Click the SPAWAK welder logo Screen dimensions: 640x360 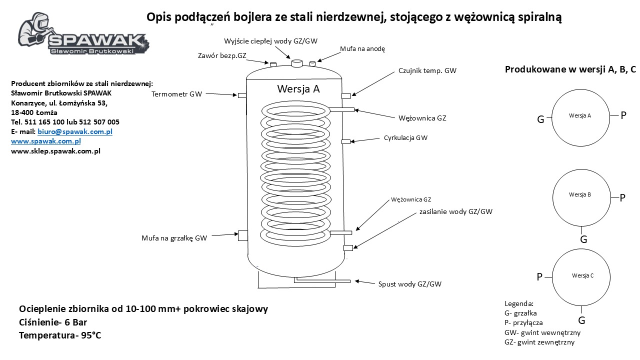pyautogui.click(x=83, y=33)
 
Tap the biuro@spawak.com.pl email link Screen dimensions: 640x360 pyautogui.click(x=75, y=131)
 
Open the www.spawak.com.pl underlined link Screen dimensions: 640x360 pyautogui.click(x=45, y=141)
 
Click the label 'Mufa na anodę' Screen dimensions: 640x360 pyautogui.click(x=362, y=49)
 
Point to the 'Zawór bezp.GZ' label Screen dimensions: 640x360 pyautogui.click(x=222, y=55)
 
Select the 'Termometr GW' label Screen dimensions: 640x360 pyautogui.click(x=176, y=94)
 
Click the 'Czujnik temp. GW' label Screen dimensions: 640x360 pyautogui.click(x=427, y=70)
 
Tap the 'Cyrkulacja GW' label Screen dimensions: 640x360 pyautogui.click(x=405, y=137)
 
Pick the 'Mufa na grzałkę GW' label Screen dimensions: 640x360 pyautogui.click(x=174, y=238)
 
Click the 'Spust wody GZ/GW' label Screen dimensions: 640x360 pyautogui.click(x=409, y=284)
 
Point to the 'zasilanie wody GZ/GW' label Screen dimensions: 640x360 pyautogui.click(x=456, y=211)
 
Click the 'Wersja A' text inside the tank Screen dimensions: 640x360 pyautogui.click(x=298, y=89)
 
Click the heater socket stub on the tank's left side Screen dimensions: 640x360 pyautogui.click(x=243, y=235)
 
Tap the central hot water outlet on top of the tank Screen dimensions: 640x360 pyautogui.click(x=297, y=63)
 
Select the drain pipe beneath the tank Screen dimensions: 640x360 pyautogui.click(x=322, y=280)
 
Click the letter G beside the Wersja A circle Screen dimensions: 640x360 pyautogui.click(x=540, y=119)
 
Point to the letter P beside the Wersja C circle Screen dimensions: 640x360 pyautogui.click(x=539, y=276)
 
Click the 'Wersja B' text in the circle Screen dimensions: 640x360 pyautogui.click(x=579, y=194)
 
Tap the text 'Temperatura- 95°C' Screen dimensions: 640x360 pyautogui.click(x=60, y=335)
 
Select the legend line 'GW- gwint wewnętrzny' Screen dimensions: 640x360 pyautogui.click(x=542, y=332)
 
